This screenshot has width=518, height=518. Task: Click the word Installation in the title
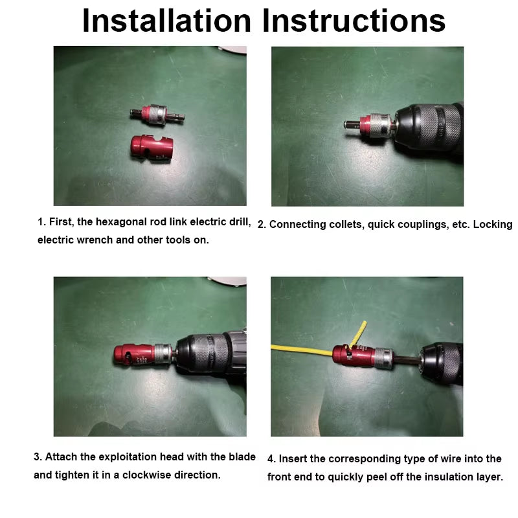click(x=165, y=21)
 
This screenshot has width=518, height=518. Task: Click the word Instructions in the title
click(x=350, y=21)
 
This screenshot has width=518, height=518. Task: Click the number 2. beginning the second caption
click(x=262, y=225)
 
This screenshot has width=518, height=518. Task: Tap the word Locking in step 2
click(x=492, y=224)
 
